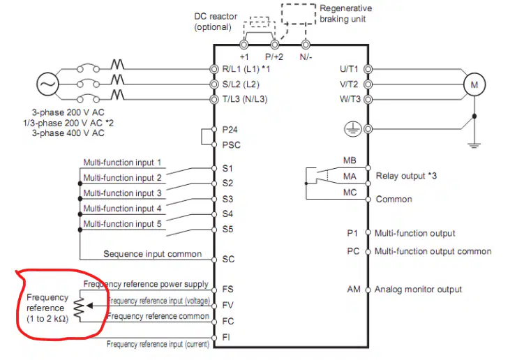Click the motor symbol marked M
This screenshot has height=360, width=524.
click(x=474, y=84)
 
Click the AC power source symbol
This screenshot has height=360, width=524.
click(x=47, y=84)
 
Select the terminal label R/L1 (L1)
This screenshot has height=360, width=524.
click(x=241, y=69)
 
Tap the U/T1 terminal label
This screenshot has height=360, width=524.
click(x=349, y=69)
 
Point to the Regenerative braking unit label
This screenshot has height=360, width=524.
click(x=345, y=13)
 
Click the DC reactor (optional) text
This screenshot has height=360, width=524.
click(x=216, y=22)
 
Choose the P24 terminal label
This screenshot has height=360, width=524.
click(x=230, y=129)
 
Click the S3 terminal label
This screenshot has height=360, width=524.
click(x=227, y=199)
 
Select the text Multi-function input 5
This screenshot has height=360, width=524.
click(x=122, y=224)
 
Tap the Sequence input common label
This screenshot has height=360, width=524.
click(x=152, y=254)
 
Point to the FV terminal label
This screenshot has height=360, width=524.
click(x=228, y=305)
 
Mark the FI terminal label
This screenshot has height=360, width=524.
click(x=226, y=337)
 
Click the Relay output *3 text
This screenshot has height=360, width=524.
click(x=406, y=176)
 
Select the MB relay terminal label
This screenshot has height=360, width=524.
click(x=350, y=160)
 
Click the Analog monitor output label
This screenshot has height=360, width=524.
click(x=418, y=289)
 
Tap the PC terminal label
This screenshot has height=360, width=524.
click(x=353, y=251)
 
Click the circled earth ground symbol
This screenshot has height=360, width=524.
click(x=353, y=128)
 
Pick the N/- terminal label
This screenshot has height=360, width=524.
click(x=306, y=57)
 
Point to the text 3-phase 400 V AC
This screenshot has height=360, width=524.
click(x=68, y=133)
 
